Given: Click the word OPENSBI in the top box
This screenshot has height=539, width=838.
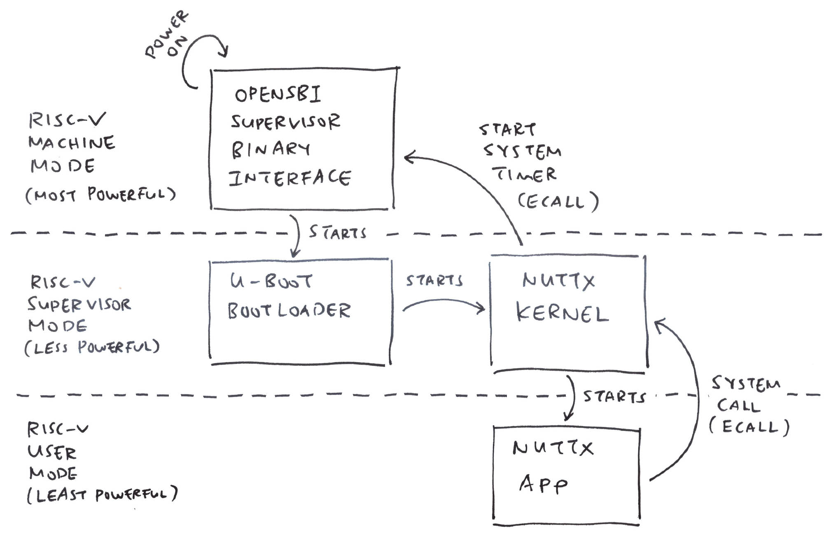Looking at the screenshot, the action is click(278, 94).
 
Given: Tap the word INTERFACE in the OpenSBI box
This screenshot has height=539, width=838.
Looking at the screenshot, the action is click(290, 178).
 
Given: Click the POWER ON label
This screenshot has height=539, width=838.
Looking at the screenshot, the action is click(167, 35).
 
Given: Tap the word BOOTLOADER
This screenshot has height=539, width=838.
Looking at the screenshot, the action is click(289, 310).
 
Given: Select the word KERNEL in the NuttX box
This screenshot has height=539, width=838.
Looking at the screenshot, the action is click(562, 313).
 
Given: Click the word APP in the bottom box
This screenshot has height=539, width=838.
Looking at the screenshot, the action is click(544, 484).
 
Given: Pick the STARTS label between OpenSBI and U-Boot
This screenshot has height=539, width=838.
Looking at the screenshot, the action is click(338, 232).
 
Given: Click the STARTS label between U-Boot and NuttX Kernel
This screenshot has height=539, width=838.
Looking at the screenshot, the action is click(434, 281).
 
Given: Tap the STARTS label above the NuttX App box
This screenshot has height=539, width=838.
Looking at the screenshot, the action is click(614, 396).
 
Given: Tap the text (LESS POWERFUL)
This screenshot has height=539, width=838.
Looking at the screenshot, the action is click(92, 347).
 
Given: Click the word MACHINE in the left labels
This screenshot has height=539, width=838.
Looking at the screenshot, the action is click(72, 143).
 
